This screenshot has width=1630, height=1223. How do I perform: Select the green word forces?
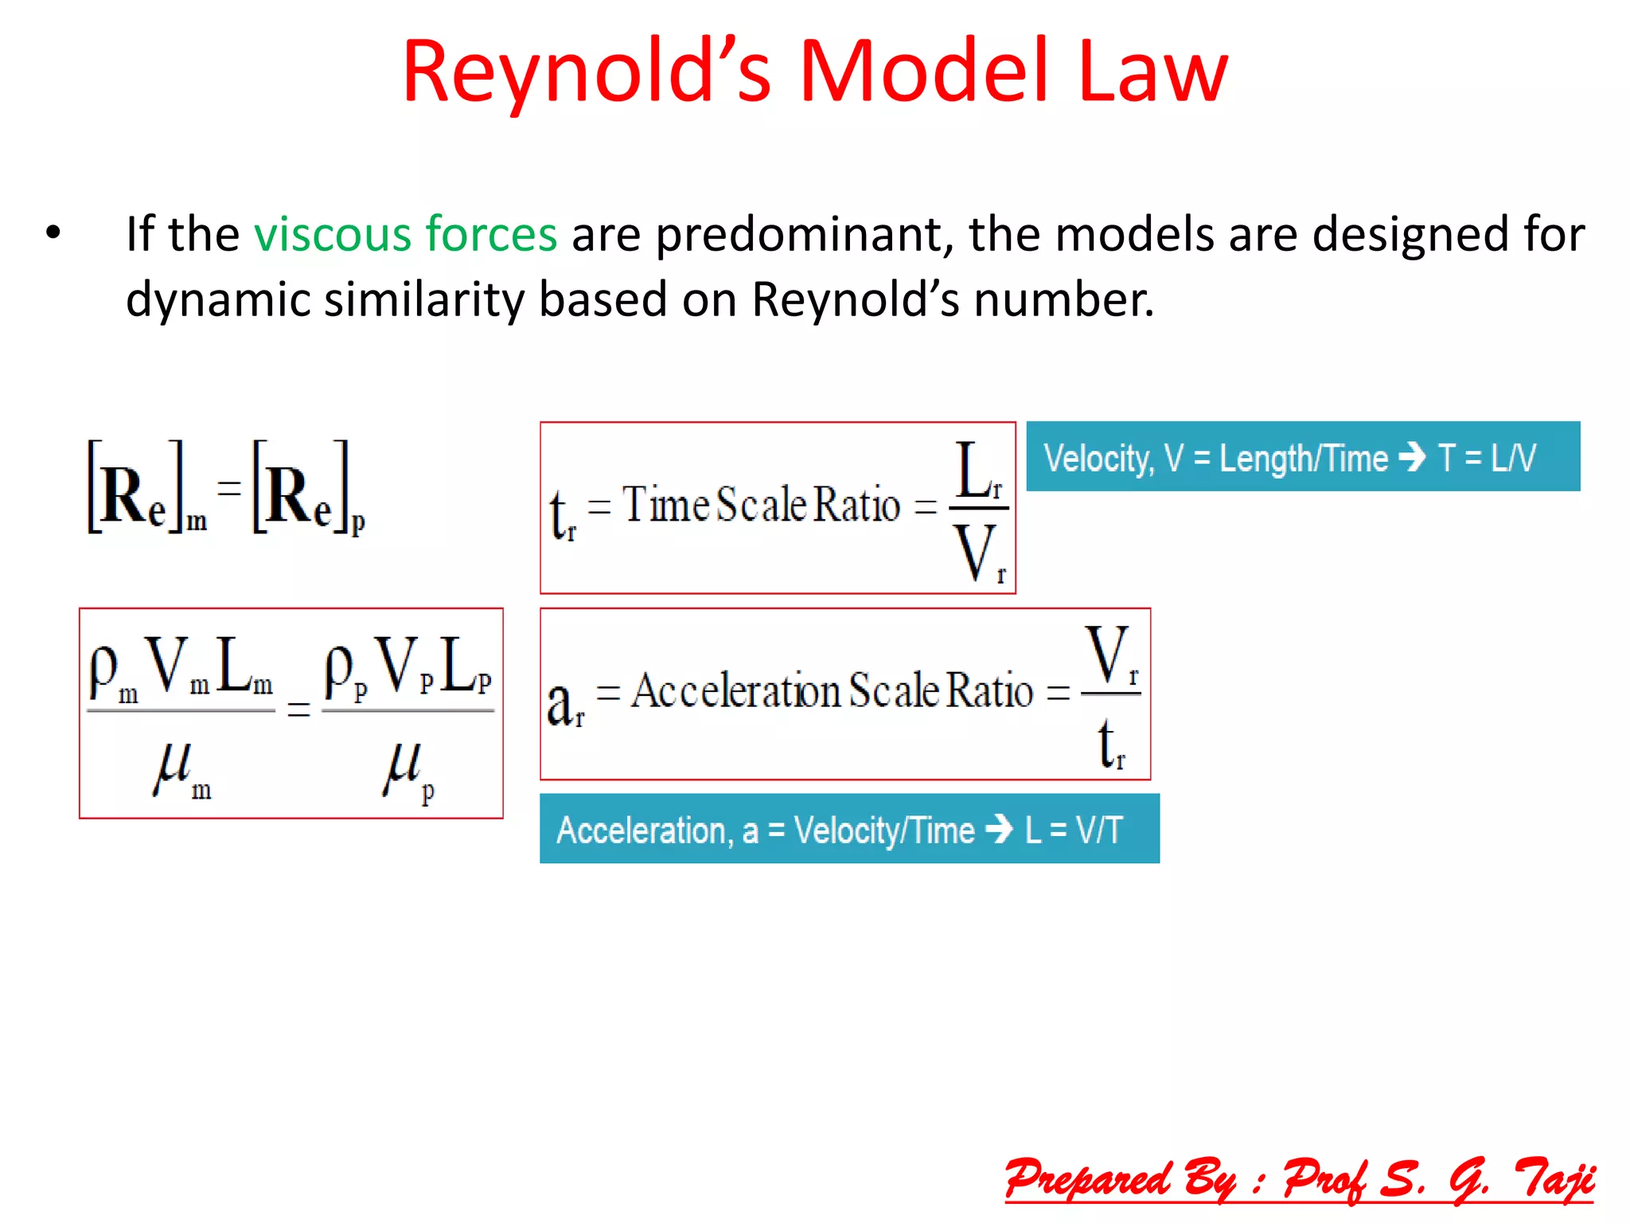click(491, 235)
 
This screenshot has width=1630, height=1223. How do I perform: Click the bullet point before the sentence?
click(53, 233)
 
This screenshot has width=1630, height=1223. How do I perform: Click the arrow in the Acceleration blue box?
click(999, 829)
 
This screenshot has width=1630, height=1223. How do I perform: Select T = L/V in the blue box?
click(1487, 458)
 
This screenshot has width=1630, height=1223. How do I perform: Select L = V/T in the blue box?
click(1074, 830)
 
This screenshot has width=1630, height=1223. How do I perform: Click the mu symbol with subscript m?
click(179, 768)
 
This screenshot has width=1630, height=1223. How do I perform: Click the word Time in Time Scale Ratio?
click(666, 505)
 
